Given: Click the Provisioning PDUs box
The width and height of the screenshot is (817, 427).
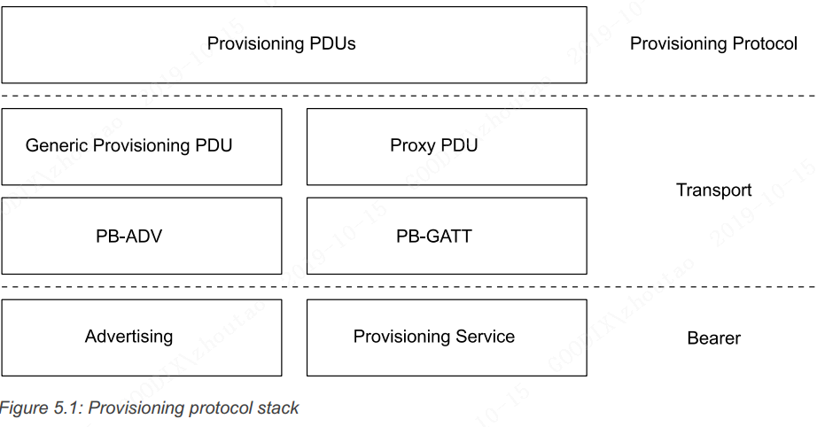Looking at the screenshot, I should [x=293, y=44].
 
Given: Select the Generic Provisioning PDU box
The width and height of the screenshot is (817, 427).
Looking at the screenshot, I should [x=142, y=146].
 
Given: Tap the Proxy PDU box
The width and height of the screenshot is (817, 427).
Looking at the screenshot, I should [x=446, y=146].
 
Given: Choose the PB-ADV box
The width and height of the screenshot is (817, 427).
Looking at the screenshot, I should [x=142, y=236].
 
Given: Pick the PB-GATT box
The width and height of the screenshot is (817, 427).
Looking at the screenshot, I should [x=446, y=236].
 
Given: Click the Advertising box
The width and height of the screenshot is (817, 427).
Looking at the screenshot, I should [x=142, y=337].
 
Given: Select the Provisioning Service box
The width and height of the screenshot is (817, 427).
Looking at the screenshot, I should [x=446, y=337].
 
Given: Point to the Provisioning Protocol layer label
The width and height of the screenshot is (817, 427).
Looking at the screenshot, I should [x=713, y=43].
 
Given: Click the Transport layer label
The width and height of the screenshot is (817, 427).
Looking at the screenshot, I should [x=713, y=190].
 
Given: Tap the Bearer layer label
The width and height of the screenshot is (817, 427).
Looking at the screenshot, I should [x=713, y=338].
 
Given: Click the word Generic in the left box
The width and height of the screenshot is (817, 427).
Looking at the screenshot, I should [x=57, y=146].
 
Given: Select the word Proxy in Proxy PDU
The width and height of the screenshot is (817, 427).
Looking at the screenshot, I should [x=412, y=146].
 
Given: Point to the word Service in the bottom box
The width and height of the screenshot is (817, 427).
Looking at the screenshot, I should [x=484, y=337].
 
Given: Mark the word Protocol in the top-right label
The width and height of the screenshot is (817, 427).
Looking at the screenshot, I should [x=764, y=43].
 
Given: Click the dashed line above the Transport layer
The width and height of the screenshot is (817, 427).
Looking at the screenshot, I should [x=408, y=96].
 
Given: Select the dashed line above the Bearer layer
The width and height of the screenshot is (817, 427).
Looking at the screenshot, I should [x=408, y=286].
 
